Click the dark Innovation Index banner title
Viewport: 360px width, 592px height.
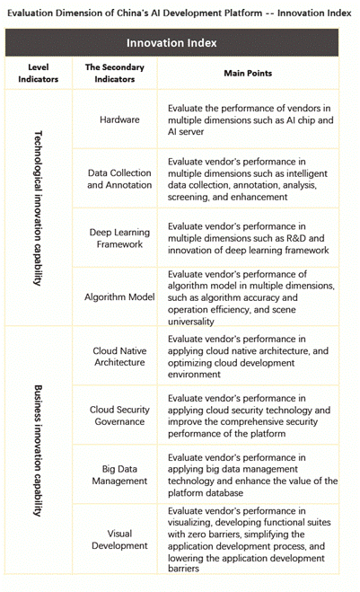click(171, 43)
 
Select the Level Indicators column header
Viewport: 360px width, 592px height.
click(38, 74)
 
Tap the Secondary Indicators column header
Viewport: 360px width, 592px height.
click(114, 74)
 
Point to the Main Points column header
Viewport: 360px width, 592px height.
click(248, 74)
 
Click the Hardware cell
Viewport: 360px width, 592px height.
click(119, 119)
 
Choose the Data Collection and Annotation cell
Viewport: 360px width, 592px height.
click(119, 179)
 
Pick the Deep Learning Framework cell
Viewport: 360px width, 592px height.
click(119, 238)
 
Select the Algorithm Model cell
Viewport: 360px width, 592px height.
click(119, 297)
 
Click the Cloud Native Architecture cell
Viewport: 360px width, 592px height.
click(119, 357)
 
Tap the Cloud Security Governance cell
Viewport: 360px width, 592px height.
click(119, 416)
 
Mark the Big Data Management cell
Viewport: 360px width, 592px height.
click(119, 475)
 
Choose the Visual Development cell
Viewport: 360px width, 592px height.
click(119, 540)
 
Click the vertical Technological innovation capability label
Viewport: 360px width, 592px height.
click(38, 208)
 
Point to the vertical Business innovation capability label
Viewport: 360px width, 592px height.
click(38, 450)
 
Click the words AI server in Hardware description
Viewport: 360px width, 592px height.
click(186, 132)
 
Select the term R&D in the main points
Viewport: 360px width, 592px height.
click(296, 238)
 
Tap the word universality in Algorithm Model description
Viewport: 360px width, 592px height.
click(191, 322)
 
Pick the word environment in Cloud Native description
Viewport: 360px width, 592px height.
click(194, 374)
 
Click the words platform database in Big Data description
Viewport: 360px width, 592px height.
click(206, 492)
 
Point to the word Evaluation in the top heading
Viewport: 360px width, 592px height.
click(31, 13)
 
